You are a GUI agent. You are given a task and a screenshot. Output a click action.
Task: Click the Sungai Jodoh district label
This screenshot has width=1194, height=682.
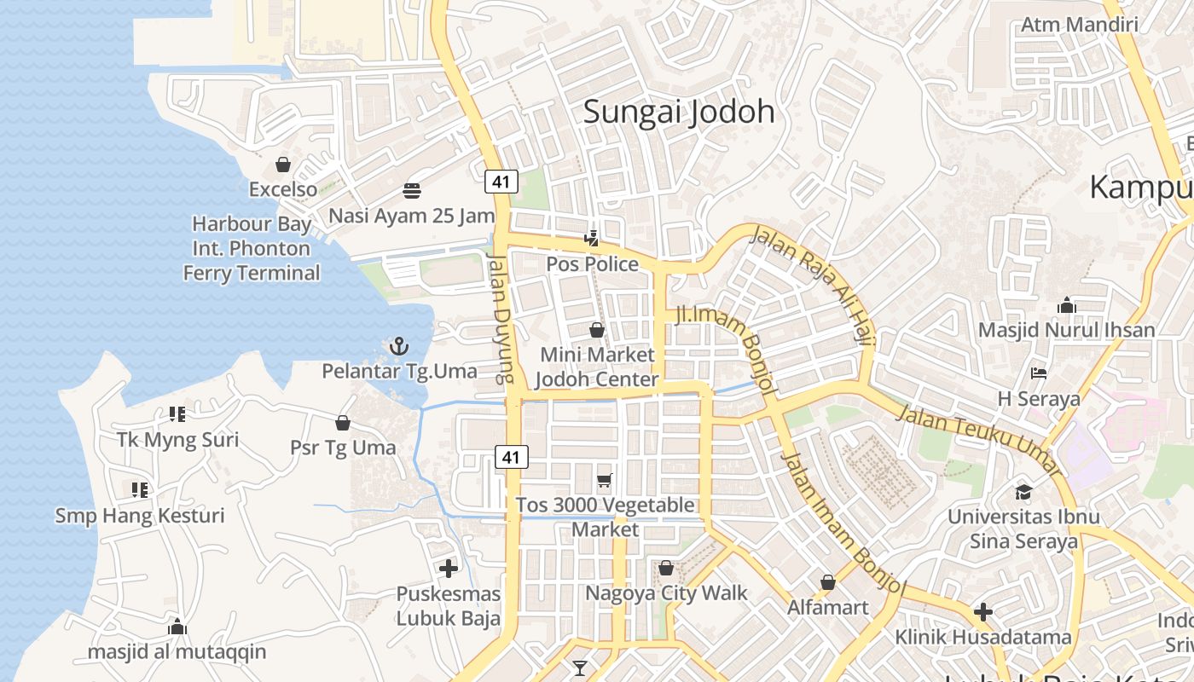(679, 112)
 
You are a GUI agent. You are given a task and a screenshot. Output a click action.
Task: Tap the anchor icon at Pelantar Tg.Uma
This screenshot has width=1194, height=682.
(398, 346)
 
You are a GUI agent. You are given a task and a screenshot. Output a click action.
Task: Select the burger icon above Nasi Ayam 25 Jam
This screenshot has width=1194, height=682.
(412, 190)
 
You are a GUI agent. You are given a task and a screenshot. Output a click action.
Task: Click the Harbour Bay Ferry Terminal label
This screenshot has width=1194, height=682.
(252, 248)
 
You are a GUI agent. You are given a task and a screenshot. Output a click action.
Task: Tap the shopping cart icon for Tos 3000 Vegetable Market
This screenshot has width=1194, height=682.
(605, 481)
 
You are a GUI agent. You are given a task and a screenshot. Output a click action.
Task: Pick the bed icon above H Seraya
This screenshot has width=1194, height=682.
(1039, 373)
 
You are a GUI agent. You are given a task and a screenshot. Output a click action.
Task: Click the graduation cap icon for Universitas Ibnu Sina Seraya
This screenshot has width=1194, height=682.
(1023, 492)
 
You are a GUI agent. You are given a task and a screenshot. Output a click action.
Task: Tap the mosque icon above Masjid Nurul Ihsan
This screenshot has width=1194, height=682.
(1066, 305)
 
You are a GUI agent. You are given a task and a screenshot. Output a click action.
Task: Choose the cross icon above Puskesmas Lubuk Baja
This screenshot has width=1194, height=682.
(449, 568)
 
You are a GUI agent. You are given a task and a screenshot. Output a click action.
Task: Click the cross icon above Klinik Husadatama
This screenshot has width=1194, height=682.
(982, 612)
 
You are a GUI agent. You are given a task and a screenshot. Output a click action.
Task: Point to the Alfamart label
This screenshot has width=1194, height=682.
(827, 607)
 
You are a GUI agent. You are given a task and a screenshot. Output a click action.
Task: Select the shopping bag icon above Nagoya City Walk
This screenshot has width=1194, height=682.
(666, 568)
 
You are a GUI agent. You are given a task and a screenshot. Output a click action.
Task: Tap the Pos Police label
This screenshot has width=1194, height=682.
(592, 264)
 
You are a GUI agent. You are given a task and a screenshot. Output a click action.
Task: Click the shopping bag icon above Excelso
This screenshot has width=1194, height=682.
(282, 164)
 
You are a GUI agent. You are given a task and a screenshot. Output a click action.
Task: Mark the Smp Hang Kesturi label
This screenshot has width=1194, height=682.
(140, 516)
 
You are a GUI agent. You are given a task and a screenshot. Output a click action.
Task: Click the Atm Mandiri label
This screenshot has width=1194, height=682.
(1079, 24)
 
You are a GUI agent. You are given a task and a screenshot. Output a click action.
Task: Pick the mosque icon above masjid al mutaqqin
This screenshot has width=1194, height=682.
(177, 627)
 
